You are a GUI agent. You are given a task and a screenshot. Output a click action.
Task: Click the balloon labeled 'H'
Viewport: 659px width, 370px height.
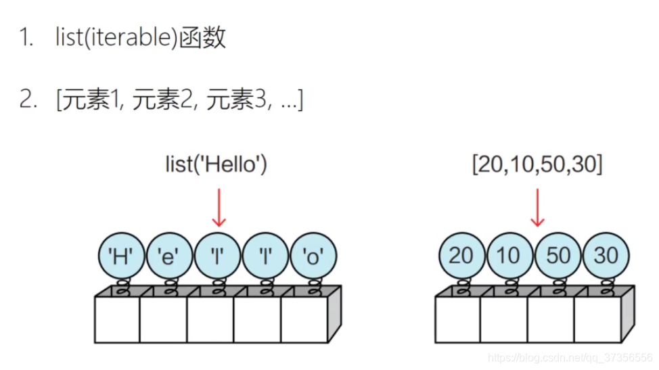pyautogui.click(x=122, y=256)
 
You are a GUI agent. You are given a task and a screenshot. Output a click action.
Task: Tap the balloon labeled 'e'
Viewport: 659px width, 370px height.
pyautogui.click(x=170, y=256)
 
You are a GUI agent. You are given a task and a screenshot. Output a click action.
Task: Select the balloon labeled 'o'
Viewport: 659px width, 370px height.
pyautogui.click(x=313, y=256)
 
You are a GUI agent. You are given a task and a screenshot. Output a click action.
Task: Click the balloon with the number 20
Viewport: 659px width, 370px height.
pyautogui.click(x=461, y=256)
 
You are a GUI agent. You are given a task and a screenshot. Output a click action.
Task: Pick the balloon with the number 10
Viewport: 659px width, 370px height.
pyautogui.click(x=508, y=256)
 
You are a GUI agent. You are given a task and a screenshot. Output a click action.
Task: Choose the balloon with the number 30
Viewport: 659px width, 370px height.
pyautogui.click(x=605, y=256)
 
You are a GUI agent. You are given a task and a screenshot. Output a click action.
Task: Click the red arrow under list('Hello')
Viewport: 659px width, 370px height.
pyautogui.click(x=218, y=207)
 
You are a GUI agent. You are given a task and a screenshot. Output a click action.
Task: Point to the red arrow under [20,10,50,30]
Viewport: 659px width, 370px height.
pyautogui.click(x=537, y=207)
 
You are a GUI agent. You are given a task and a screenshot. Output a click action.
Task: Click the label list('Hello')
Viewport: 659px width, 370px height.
pyautogui.click(x=217, y=164)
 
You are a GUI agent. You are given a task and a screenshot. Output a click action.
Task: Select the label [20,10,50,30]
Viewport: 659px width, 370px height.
pyautogui.click(x=537, y=164)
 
